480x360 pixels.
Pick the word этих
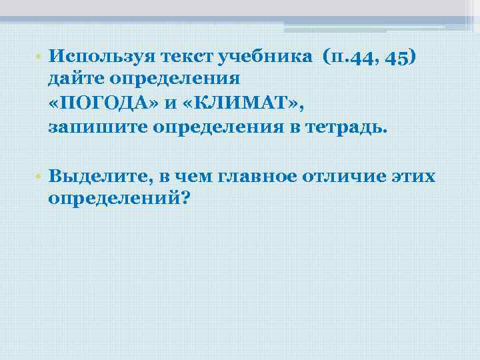tap(414, 176)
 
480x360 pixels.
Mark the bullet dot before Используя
tap(40, 57)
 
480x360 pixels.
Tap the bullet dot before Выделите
tap(40, 177)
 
